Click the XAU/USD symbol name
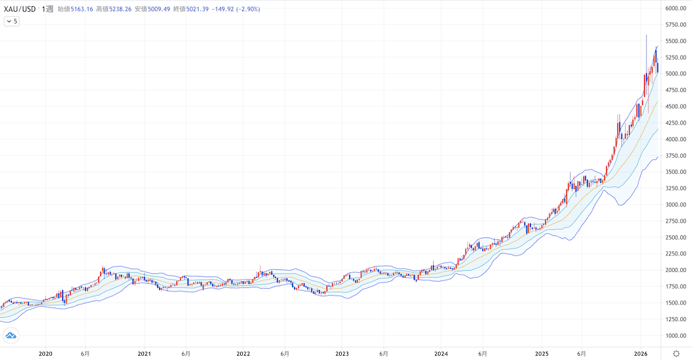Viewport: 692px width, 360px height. click(20, 8)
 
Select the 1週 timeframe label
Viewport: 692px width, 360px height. click(48, 8)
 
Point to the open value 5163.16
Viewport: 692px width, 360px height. click(80, 8)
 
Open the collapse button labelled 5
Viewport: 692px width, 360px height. click(12, 21)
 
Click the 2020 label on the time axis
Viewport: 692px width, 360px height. click(46, 353)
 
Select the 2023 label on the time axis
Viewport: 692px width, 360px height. click(342, 353)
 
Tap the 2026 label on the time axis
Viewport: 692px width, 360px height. click(640, 353)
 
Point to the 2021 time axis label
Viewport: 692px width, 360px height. click(145, 353)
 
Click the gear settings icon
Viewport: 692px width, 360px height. click(675, 353)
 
